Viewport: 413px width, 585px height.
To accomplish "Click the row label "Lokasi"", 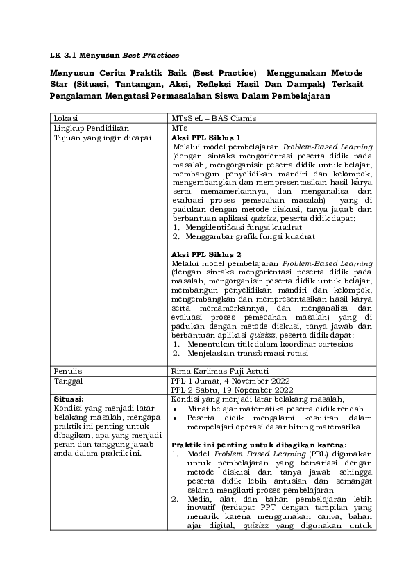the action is coord(65,119).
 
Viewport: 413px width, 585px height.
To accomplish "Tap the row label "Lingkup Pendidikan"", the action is coord(83,129).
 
